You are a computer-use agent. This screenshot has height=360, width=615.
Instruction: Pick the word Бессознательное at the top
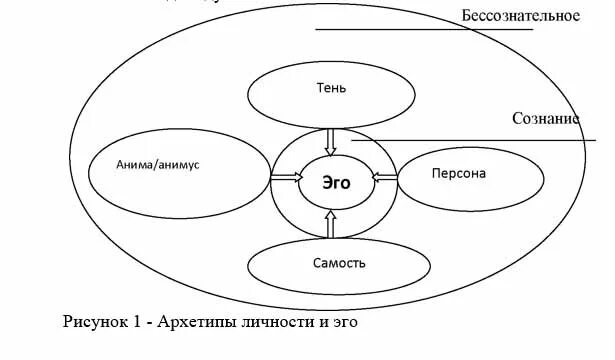point(521,15)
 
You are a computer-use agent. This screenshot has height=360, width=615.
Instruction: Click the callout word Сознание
point(545,118)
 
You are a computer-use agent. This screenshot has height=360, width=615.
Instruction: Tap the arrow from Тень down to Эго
point(332,142)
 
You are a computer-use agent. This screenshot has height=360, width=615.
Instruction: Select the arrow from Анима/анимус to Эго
point(284,178)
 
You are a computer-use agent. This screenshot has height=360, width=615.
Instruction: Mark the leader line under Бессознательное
point(423,29)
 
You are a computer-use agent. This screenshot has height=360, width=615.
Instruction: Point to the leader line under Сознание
point(480,141)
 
